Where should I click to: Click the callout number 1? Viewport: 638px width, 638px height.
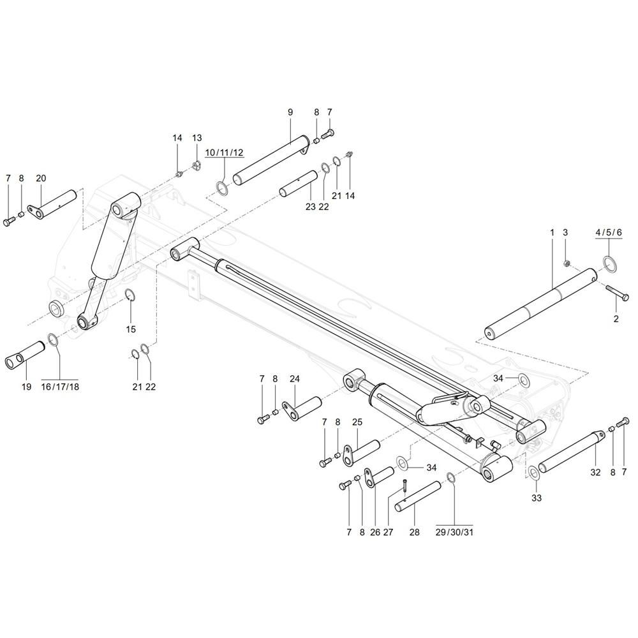coord(552,233)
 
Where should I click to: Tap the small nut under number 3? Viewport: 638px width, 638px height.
coord(567,262)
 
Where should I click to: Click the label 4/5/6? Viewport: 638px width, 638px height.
coord(608,233)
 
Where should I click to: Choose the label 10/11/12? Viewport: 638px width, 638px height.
coord(224,152)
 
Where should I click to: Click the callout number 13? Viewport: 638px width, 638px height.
coord(197,138)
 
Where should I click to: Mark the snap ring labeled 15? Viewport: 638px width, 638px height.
coord(130,295)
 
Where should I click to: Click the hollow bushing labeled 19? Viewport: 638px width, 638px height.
coord(24,354)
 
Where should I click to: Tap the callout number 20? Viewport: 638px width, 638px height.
coord(41,178)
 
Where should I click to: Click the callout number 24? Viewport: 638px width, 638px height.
coord(294,378)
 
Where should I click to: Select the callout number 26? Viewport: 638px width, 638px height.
coord(373,531)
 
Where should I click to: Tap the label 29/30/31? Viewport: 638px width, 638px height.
coord(454,531)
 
